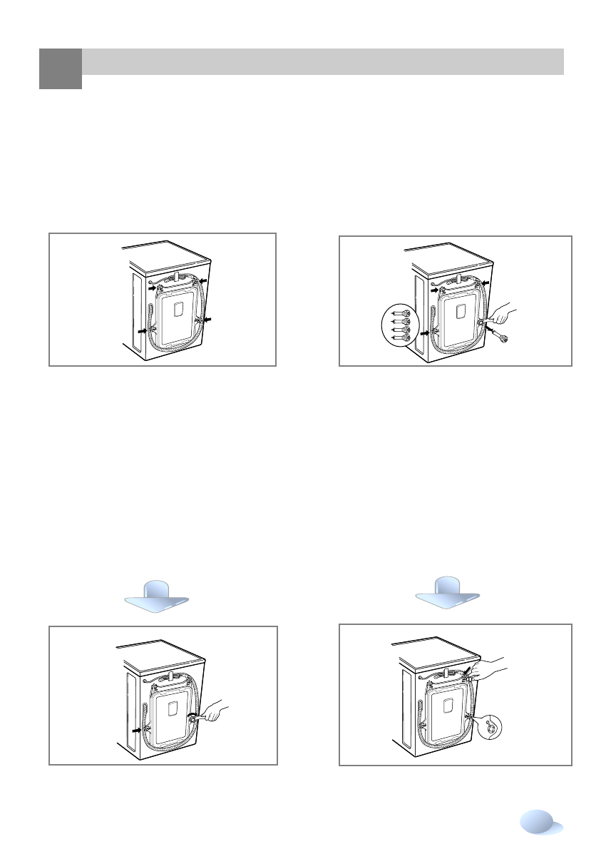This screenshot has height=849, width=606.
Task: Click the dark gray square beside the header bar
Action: click(60, 68)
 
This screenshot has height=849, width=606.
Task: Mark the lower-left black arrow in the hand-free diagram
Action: click(144, 332)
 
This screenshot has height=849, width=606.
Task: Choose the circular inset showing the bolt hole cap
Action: click(491, 727)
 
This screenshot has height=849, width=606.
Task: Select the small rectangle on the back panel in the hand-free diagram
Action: click(178, 309)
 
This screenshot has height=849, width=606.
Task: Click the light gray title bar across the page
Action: click(323, 62)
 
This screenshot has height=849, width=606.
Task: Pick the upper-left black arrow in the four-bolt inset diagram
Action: click(436, 289)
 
